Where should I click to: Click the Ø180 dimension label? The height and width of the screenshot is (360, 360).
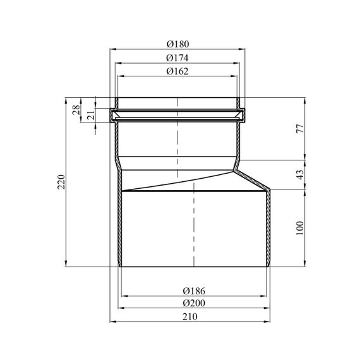(177, 44)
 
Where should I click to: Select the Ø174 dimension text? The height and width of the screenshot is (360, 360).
(177, 58)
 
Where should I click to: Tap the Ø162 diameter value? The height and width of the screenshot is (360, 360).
(177, 71)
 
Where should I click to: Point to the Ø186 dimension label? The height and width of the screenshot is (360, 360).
(194, 291)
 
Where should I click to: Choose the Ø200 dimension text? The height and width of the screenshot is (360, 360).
(194, 303)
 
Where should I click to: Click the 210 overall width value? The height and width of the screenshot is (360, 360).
(190, 317)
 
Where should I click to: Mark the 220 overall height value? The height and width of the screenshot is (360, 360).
(61, 182)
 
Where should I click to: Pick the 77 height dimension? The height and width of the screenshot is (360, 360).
(300, 129)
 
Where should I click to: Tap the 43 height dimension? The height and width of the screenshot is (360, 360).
(300, 175)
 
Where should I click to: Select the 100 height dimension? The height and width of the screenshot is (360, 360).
(300, 228)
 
